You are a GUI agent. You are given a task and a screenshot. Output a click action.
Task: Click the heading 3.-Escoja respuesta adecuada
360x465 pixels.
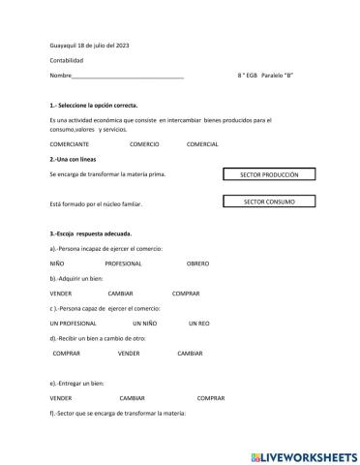[90, 233]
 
